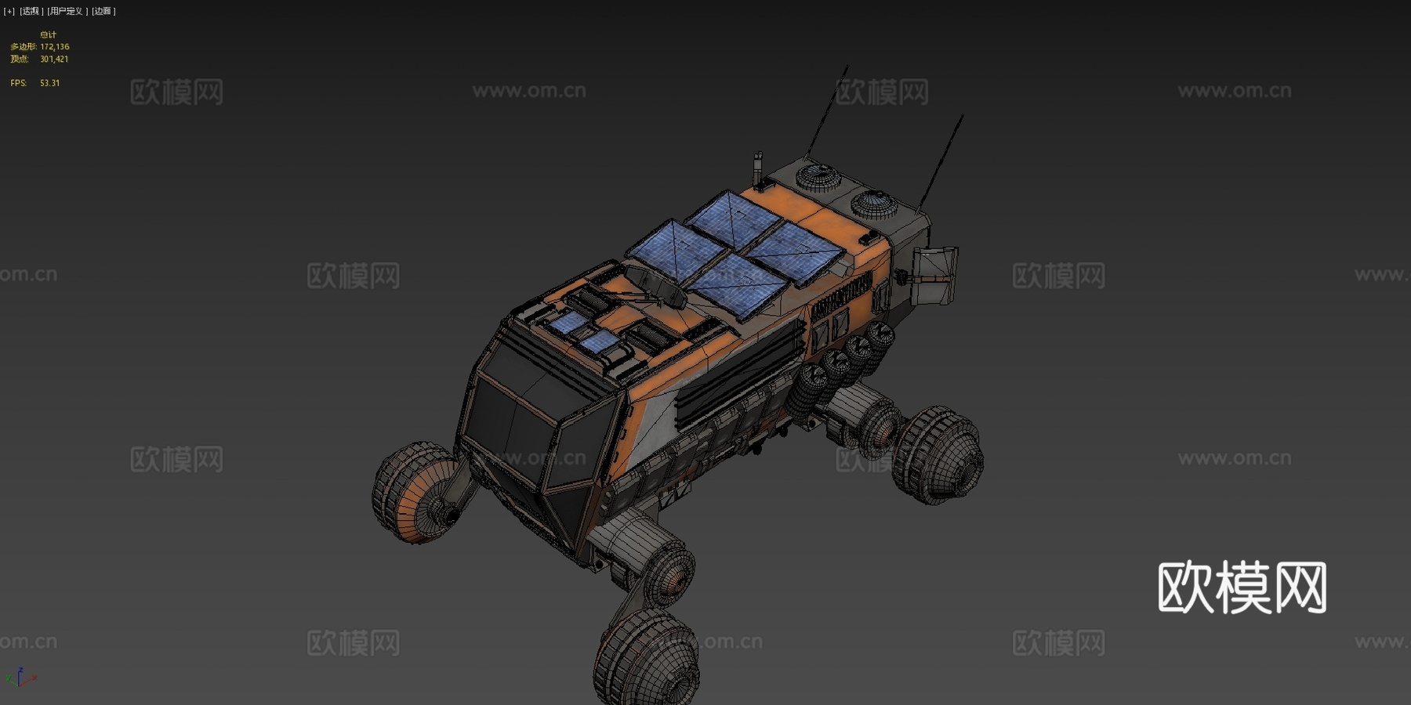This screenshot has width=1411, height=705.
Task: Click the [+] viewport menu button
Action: pos(9,11)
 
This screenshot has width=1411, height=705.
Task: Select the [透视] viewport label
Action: pos(31,11)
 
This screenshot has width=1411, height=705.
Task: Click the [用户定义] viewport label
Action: pos(67,11)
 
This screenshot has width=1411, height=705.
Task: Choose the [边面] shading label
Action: pos(103,11)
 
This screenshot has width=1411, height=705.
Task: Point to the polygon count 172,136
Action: pos(54,47)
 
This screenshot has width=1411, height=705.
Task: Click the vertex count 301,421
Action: pos(54,60)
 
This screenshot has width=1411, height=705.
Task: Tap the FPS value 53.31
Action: pos(49,83)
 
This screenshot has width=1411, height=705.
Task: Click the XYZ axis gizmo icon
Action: pos(20,678)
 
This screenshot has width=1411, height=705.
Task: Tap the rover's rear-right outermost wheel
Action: pos(941,454)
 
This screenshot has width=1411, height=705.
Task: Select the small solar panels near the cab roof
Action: pos(584,332)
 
